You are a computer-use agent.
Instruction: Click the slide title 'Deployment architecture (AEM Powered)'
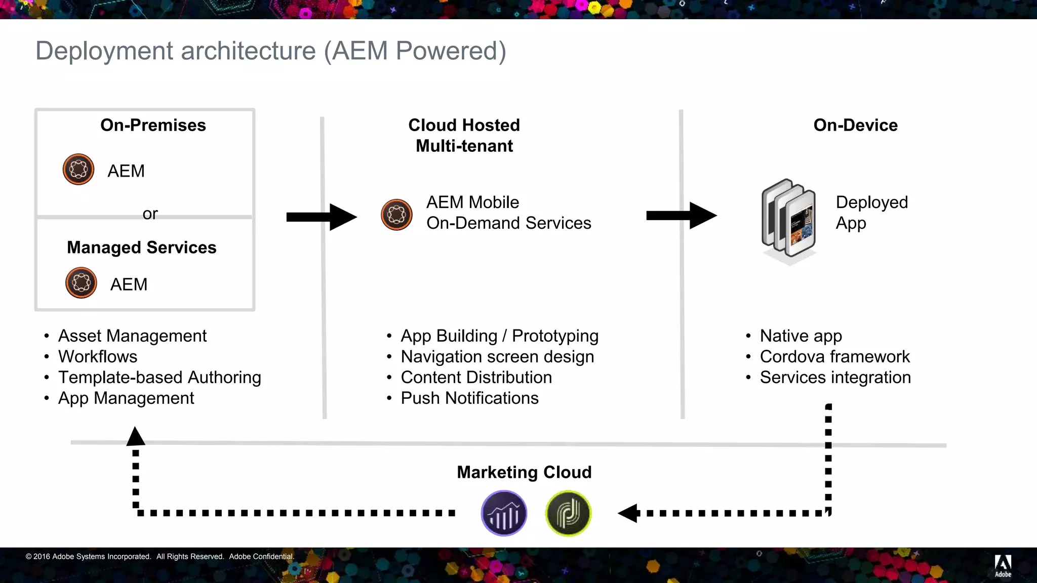[270, 51]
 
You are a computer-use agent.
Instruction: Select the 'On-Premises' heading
[153, 125]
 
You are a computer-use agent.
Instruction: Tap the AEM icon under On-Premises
[78, 170]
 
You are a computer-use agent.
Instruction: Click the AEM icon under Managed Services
[81, 283]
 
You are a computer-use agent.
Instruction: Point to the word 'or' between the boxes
[150, 214]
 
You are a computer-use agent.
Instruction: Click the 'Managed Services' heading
[141, 247]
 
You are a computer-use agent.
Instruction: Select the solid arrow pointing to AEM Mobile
[322, 217]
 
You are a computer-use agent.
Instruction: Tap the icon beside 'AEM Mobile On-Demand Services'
[396, 215]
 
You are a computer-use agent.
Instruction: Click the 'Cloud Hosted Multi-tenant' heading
[464, 135]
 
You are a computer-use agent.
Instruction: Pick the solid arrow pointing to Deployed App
[681, 216]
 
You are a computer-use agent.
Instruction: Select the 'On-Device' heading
[855, 125]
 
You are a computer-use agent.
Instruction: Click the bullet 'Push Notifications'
[469, 398]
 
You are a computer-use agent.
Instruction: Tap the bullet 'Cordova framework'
[834, 357]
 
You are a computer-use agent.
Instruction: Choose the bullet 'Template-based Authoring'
[159, 378]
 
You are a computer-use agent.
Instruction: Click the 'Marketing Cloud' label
[524, 472]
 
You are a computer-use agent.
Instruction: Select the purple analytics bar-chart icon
[504, 513]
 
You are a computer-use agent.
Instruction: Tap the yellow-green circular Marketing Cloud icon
[568, 513]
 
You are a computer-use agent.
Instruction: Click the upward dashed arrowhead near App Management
[136, 436]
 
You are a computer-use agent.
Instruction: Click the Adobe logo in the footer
[1003, 565]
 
